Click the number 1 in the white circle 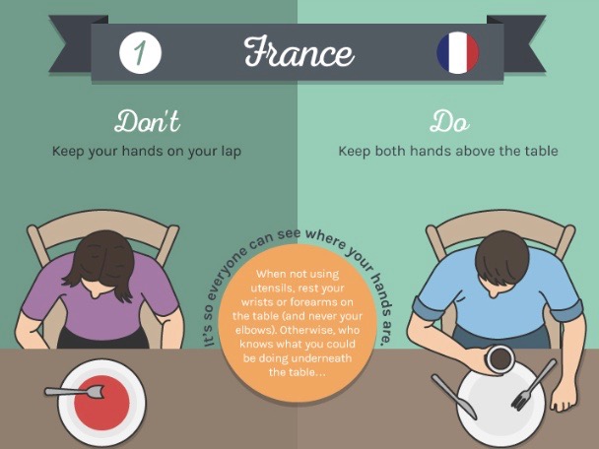140,53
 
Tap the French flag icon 458,53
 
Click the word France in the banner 299,51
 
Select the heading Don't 147,121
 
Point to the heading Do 449,121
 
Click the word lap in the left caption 232,152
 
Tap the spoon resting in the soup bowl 75,391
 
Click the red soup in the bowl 101,401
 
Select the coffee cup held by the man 499,358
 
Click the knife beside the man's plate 454,396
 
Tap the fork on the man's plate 534,385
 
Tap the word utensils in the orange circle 271,288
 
